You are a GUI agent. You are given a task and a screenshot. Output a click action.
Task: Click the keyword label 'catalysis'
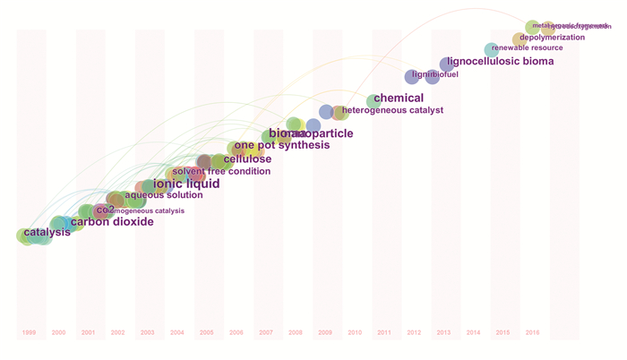47,233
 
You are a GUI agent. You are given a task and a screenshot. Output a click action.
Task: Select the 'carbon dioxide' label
112,221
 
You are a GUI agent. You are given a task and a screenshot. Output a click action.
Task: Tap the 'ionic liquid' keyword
186,184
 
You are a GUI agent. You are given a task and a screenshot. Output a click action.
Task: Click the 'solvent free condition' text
221,171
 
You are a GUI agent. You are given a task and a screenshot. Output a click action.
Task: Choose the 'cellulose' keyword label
247,159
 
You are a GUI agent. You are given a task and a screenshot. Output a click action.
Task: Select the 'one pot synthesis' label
281,145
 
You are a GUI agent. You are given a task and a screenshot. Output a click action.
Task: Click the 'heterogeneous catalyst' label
392,110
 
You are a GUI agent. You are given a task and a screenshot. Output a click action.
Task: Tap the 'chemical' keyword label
399,98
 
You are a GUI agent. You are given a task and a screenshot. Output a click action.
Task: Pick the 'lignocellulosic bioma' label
500,62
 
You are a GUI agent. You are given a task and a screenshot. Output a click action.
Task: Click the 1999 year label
29,332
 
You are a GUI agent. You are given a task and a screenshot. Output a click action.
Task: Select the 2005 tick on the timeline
206,332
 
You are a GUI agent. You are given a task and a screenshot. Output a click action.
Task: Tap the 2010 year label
354,332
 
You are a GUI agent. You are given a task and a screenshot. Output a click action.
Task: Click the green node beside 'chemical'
373,101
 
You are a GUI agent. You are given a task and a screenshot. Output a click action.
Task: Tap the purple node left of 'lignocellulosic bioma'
446,64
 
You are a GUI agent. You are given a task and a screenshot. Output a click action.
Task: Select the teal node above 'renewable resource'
491,50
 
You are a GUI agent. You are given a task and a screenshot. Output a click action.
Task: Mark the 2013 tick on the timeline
442,332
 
